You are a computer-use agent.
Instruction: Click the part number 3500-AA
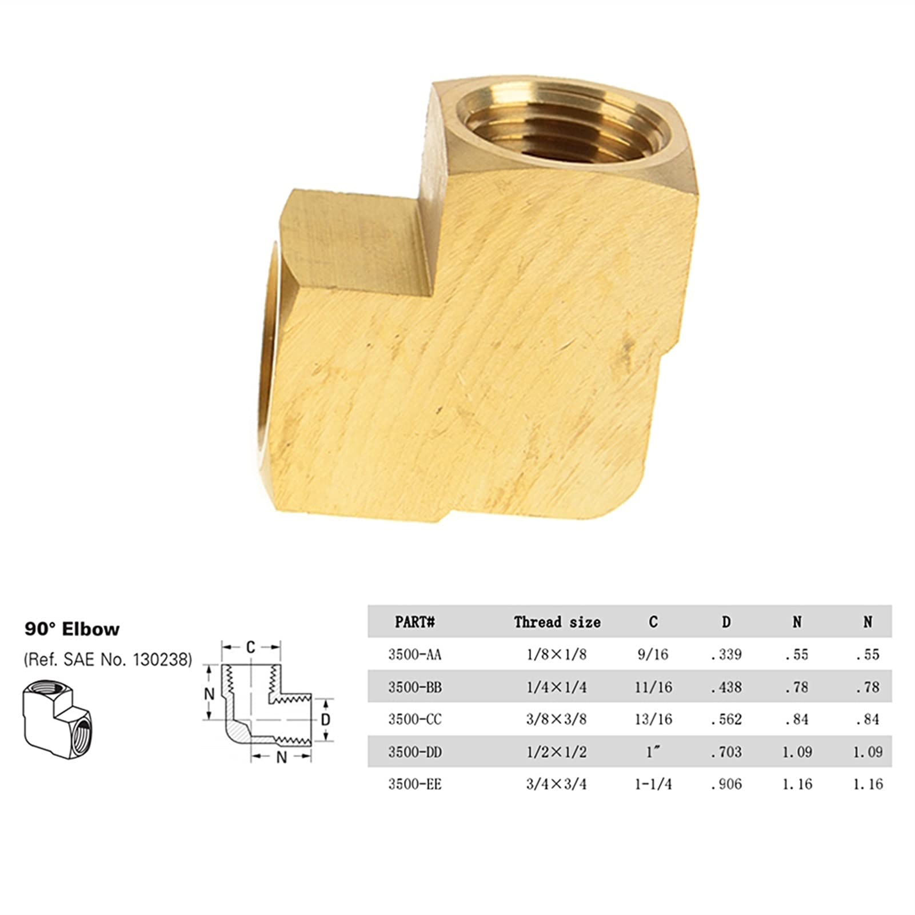(415, 654)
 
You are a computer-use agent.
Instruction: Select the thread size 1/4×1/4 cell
(556, 687)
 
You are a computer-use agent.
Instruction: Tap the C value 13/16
(653, 719)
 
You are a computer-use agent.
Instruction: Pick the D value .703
(726, 752)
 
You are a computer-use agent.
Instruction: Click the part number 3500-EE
(415, 784)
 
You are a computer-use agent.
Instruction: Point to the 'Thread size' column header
(557, 622)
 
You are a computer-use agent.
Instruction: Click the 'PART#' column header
(415, 622)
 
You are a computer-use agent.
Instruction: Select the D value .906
(726, 784)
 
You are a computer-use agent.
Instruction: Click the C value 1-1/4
(653, 784)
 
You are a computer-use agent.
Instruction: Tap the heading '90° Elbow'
(72, 629)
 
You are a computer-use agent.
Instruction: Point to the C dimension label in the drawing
(250, 648)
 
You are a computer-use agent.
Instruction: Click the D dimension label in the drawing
(325, 720)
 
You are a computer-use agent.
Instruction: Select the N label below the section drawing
(281, 757)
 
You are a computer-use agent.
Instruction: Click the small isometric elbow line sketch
(57, 719)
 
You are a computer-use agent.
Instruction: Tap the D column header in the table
(726, 622)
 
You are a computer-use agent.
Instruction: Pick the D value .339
(726, 654)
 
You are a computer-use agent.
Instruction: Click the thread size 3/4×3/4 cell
(556, 784)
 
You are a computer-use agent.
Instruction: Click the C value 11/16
(653, 687)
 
